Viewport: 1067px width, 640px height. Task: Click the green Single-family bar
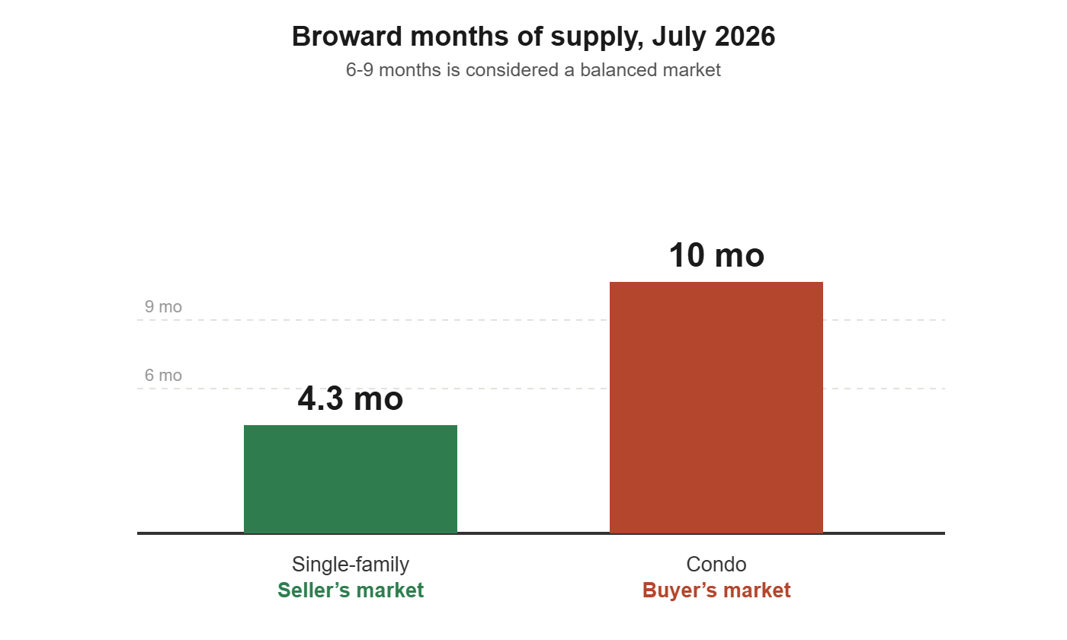coord(350,478)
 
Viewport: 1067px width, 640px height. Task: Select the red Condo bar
coord(716,407)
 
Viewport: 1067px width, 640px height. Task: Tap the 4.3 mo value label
coord(350,398)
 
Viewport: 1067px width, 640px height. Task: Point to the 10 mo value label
coord(716,255)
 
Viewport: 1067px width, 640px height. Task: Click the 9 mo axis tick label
coord(163,306)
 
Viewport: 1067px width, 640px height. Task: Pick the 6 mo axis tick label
coord(163,375)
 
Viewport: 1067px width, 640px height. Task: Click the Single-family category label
coord(350,565)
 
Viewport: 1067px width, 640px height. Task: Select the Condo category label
coord(716,565)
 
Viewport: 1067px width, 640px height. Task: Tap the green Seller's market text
coord(351,590)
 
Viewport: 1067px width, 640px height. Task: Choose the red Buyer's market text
coord(716,590)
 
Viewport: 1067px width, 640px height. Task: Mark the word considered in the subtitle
coord(511,70)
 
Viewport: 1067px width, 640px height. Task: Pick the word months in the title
coord(460,37)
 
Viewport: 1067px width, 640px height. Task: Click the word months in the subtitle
coord(410,70)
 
